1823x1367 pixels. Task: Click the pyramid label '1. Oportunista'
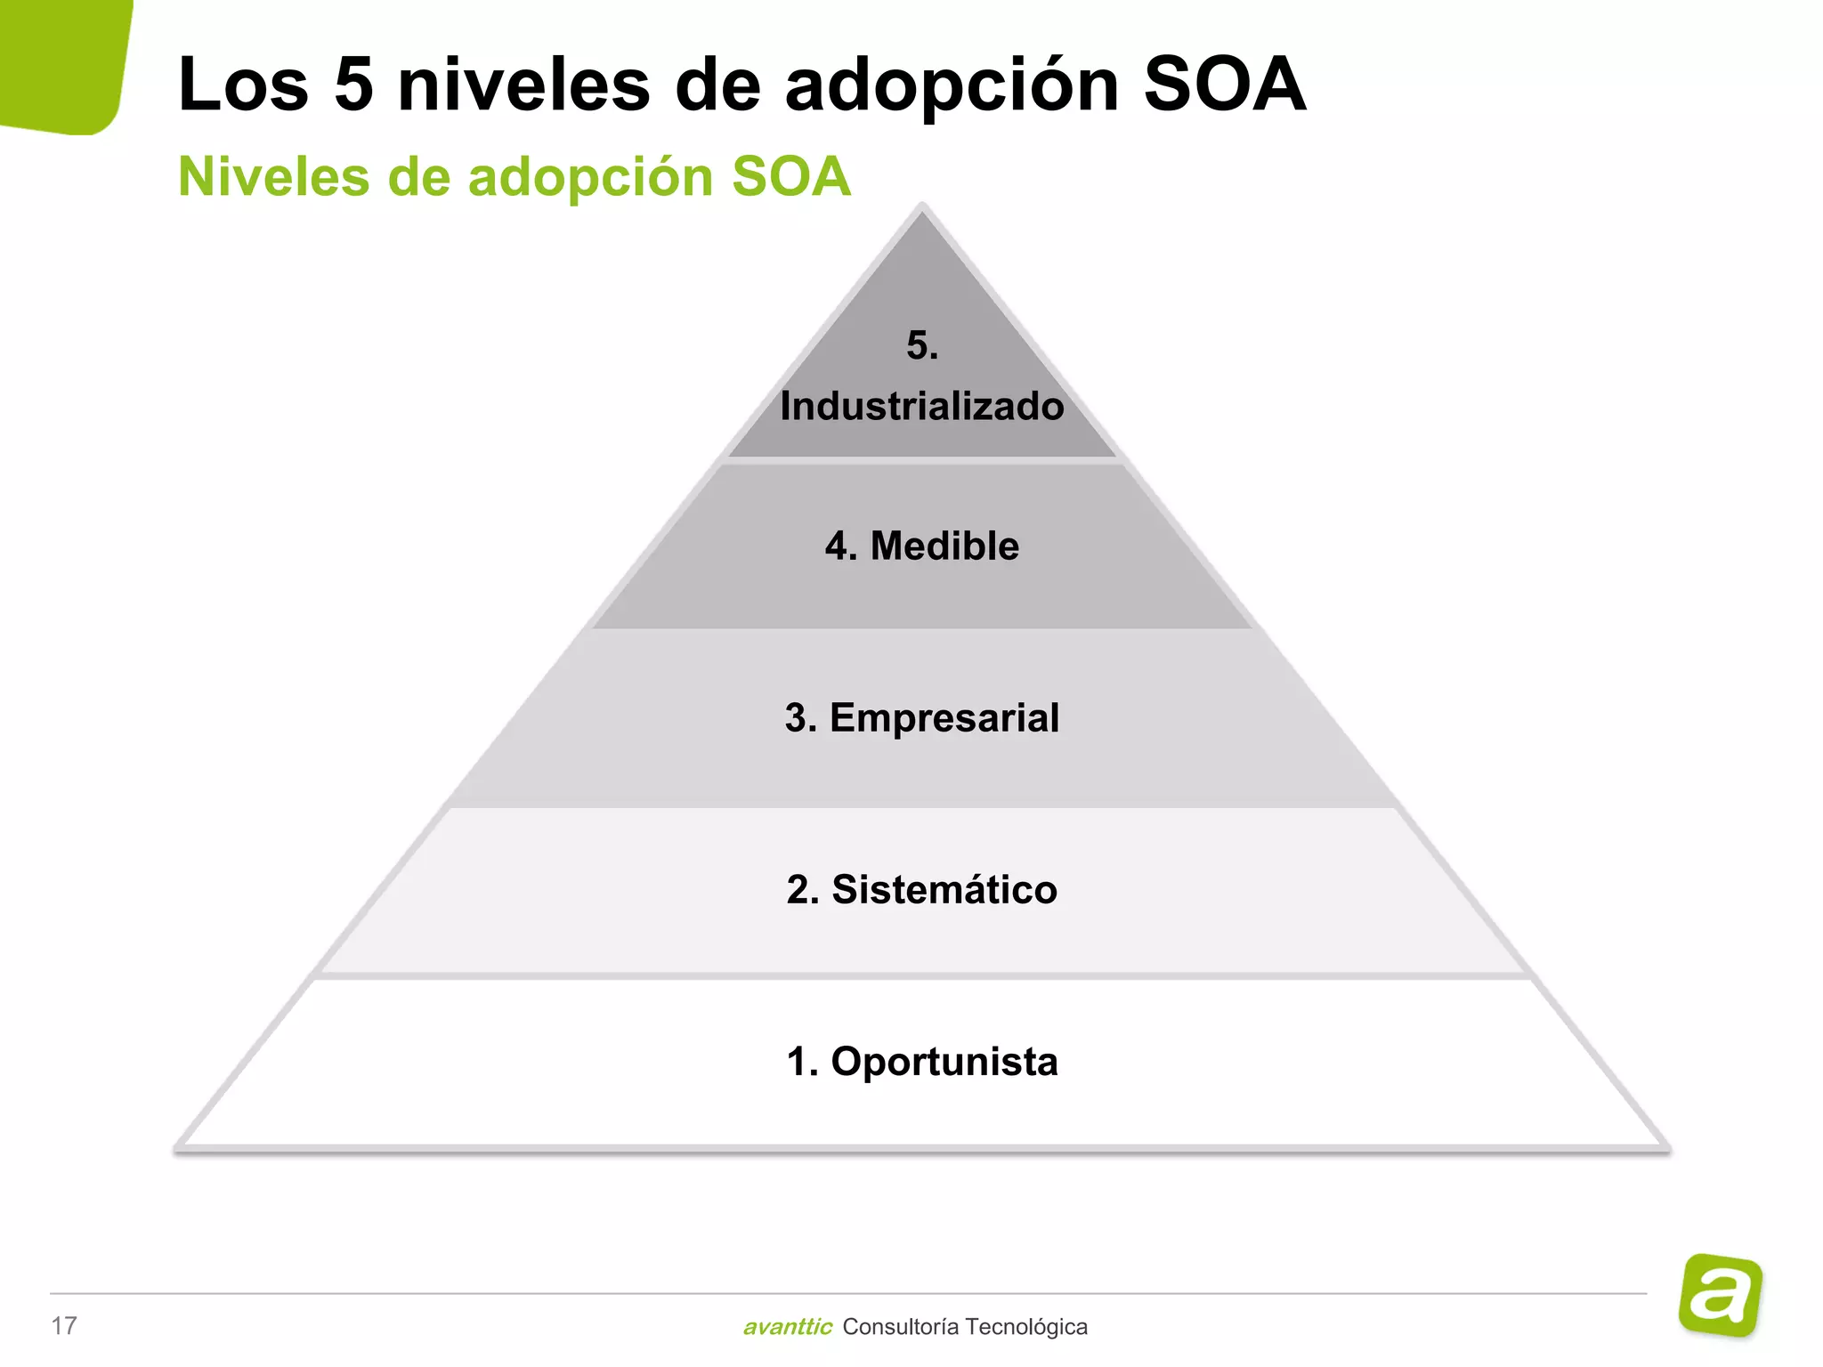point(922,1062)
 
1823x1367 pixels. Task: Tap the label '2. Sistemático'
point(922,890)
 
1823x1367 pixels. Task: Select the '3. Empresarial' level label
point(922,718)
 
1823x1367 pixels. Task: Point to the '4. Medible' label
point(922,546)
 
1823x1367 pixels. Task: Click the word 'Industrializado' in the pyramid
point(922,407)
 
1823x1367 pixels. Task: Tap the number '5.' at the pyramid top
point(922,345)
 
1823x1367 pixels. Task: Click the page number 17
point(64,1326)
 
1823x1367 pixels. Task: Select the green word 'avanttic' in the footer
point(787,1327)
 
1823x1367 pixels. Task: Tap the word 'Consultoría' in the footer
point(900,1327)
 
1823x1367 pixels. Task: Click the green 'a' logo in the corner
point(1720,1295)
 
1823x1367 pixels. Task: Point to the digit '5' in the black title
point(353,85)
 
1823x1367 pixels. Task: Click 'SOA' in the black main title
point(1224,85)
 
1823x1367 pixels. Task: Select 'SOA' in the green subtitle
point(790,176)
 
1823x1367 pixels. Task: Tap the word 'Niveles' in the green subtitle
point(273,176)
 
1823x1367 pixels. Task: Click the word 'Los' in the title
point(243,85)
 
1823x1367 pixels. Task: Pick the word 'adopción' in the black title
point(952,87)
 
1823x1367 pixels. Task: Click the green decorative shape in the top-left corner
point(58,62)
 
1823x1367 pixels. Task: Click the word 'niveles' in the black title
point(523,85)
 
